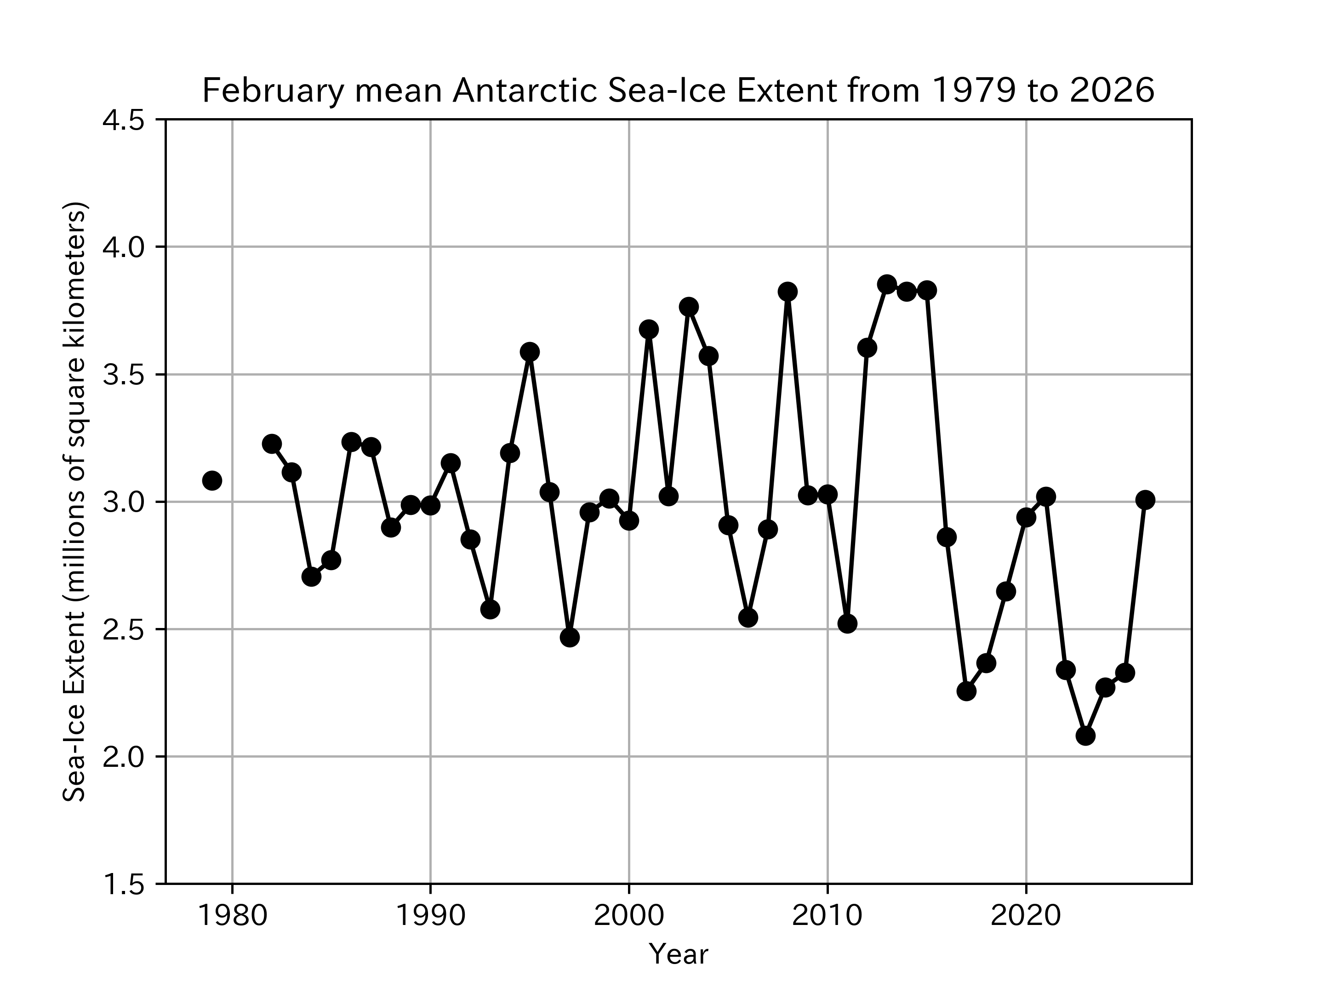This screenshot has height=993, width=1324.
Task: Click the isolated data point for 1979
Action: coord(212,480)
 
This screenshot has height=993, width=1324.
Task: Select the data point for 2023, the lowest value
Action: coord(1085,736)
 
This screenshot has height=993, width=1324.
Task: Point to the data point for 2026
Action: coord(1145,500)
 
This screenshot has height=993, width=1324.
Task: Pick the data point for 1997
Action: coord(569,638)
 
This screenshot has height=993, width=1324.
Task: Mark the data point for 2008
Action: coord(787,291)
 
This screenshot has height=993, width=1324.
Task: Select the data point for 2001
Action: coord(648,329)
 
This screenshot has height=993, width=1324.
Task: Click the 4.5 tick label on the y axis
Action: coord(124,120)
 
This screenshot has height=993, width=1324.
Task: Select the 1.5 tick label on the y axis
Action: coord(124,884)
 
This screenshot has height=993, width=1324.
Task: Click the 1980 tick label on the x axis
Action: coord(232,916)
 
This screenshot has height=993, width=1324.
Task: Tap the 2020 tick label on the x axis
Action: coord(1026,916)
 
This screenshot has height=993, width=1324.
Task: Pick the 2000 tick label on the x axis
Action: coord(628,916)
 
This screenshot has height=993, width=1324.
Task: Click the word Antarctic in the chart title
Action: coord(525,91)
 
